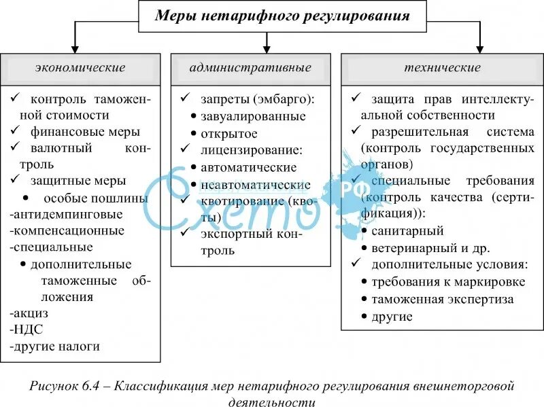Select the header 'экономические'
pyautogui.click(x=80, y=68)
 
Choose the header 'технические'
pyautogui.click(x=442, y=68)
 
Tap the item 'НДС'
pyautogui.click(x=27, y=330)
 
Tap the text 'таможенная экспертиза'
pyautogui.click(x=443, y=299)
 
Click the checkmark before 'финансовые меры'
pyautogui.click(x=16, y=130)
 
